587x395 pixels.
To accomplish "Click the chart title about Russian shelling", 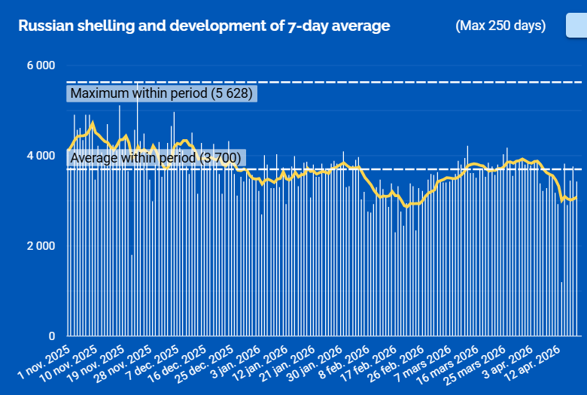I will point(204,26).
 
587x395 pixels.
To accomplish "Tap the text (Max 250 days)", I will point(500,26).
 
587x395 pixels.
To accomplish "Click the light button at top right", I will point(576,26).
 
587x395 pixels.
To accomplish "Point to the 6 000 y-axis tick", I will point(41,65).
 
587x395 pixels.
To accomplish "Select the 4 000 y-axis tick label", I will point(41,156).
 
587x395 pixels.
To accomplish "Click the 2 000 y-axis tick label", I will point(41,246).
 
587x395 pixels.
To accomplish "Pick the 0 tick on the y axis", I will point(52,336).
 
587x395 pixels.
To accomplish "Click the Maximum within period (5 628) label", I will point(162,93).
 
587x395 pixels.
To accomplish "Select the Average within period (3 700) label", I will point(155,158).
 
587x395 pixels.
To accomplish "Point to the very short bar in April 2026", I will point(561,309).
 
